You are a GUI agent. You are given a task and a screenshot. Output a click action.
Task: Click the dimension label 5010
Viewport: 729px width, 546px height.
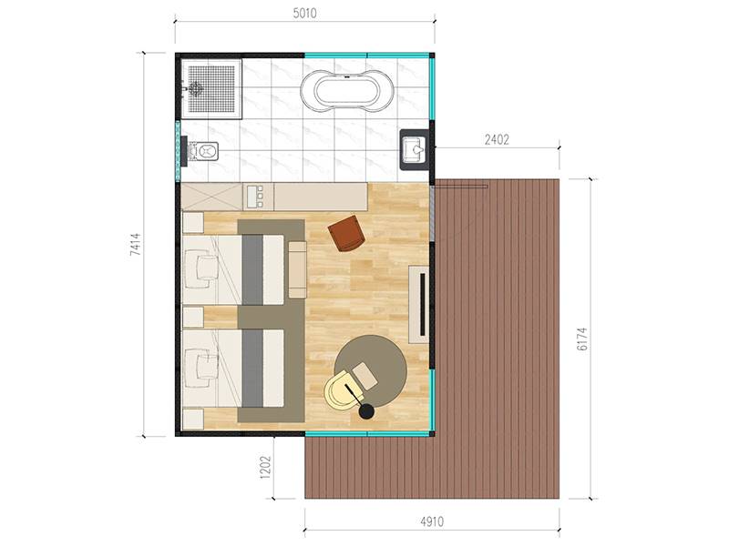(x=304, y=13)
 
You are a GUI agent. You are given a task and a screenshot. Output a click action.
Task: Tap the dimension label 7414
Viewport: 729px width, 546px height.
(x=135, y=245)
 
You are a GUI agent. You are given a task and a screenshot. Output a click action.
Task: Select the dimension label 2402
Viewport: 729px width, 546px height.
(x=497, y=139)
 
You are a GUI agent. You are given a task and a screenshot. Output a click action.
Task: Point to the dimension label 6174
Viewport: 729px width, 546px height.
(x=581, y=339)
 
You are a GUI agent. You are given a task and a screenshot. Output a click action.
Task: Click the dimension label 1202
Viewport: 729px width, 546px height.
(x=265, y=466)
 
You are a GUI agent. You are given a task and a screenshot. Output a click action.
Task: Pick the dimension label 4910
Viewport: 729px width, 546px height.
(x=432, y=521)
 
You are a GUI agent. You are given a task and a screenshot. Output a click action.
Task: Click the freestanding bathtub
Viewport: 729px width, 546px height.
(x=347, y=90)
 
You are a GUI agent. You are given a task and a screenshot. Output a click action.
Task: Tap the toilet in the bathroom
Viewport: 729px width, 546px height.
(x=201, y=151)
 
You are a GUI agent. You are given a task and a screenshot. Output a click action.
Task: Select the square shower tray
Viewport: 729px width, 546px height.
(x=211, y=88)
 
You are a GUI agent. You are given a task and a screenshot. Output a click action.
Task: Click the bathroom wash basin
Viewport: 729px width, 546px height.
(x=414, y=149)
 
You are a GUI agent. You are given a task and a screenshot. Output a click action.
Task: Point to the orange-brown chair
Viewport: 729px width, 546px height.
(x=346, y=233)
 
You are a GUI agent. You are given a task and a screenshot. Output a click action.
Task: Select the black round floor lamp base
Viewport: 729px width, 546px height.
(x=367, y=411)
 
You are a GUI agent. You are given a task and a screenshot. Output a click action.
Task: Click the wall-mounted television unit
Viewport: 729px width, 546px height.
(x=418, y=304)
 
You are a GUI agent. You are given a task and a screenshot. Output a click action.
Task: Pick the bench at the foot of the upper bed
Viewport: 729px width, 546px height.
(x=298, y=269)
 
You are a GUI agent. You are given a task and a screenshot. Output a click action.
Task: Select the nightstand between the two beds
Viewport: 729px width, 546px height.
(x=193, y=317)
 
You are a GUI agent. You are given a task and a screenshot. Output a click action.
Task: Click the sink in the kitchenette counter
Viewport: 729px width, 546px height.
(x=255, y=197)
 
